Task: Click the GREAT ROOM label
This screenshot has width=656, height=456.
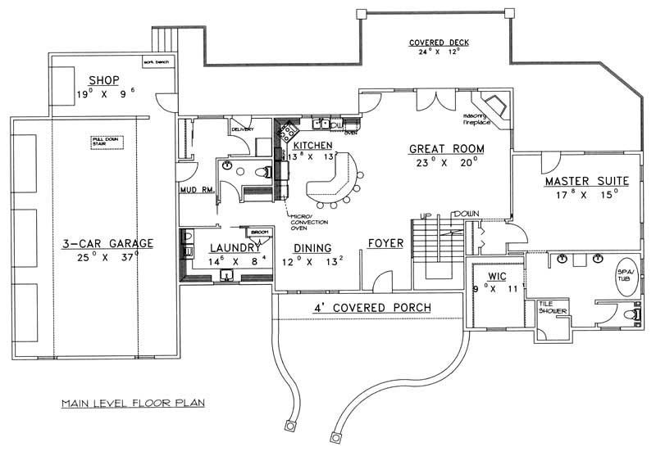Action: coord(447,149)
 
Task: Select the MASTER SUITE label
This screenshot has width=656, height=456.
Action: coord(585,180)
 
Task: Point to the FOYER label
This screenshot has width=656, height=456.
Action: coord(385,244)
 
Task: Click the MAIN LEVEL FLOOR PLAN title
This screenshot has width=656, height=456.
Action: coord(132,403)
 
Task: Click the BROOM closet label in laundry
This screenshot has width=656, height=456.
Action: coord(259,233)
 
